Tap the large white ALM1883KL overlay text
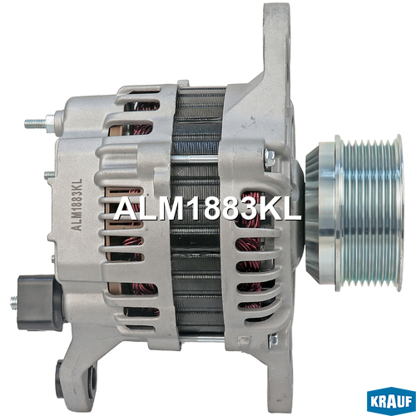(x=207, y=210)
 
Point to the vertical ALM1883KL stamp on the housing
(x=77, y=205)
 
